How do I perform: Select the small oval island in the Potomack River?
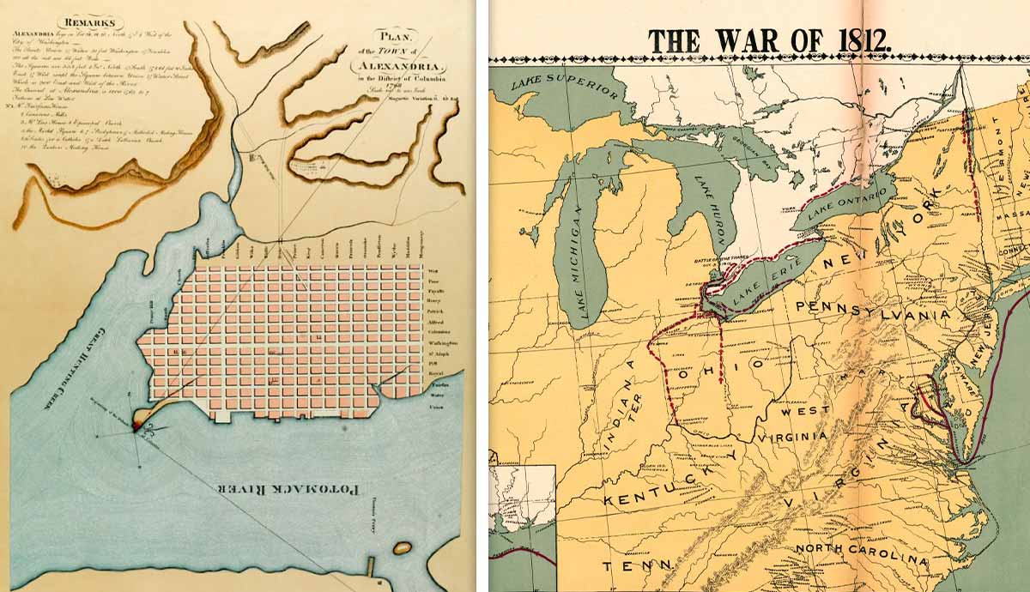pos(401,547)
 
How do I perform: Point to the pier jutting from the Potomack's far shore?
pos(370,567)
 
